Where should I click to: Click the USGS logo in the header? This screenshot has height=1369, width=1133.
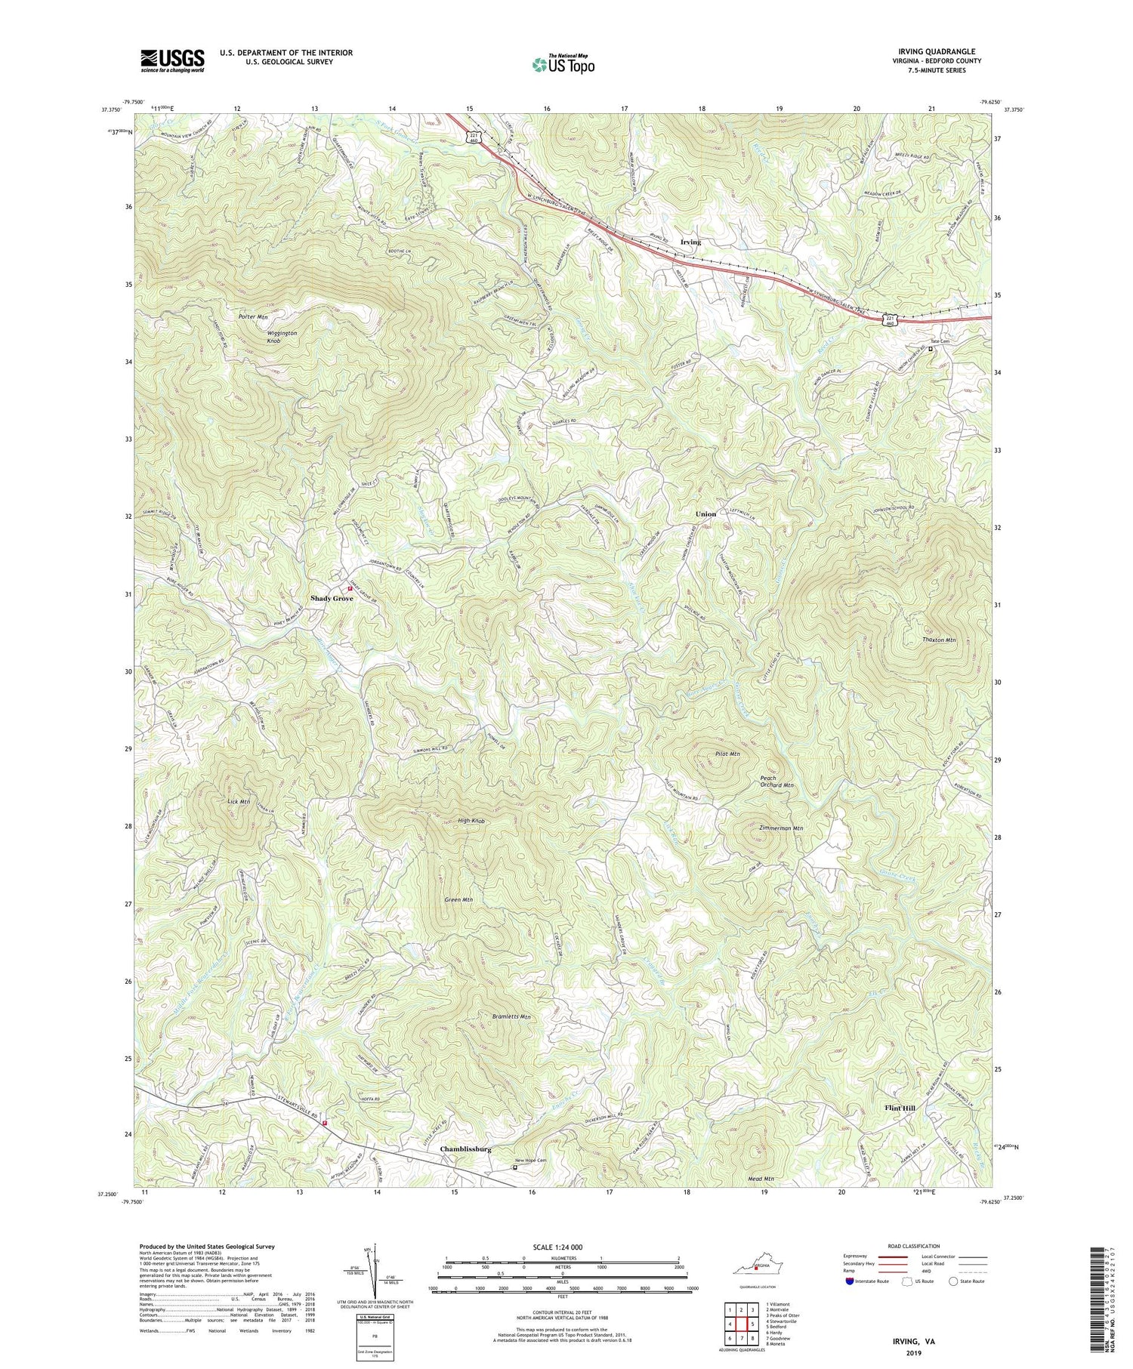click(171, 60)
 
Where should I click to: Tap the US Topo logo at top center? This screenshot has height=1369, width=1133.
click(563, 64)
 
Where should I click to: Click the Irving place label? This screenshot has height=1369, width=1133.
click(690, 242)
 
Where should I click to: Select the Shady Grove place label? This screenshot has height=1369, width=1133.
click(332, 599)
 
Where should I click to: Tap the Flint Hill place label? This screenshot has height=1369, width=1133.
click(900, 1108)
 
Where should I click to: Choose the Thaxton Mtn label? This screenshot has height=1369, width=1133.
click(939, 640)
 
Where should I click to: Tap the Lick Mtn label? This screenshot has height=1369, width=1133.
click(239, 801)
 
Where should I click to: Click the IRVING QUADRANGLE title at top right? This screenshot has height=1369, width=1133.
click(937, 51)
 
